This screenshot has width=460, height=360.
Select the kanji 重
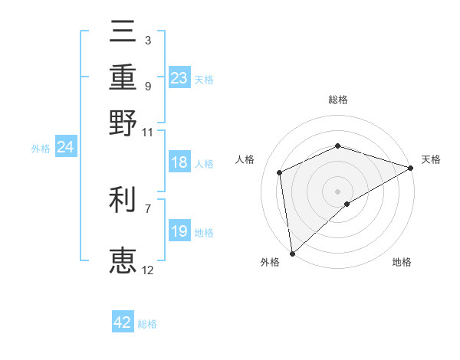(123, 77)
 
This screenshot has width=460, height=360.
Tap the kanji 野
(123, 123)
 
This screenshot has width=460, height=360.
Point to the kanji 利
(123, 200)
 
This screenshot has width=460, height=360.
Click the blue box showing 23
(179, 78)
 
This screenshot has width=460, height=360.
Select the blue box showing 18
(179, 163)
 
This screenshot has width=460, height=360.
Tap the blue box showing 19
(179, 231)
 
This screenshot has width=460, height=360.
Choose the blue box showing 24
(65, 148)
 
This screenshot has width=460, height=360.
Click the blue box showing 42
(123, 322)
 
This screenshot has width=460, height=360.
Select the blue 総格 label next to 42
(147, 324)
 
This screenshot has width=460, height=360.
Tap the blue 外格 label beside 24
(41, 149)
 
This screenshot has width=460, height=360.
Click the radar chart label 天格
(431, 159)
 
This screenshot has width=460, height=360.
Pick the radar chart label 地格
(402, 263)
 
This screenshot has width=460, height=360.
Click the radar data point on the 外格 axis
(292, 253)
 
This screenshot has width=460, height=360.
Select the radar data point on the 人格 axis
(280, 172)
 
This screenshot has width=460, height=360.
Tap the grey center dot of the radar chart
(337, 191)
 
